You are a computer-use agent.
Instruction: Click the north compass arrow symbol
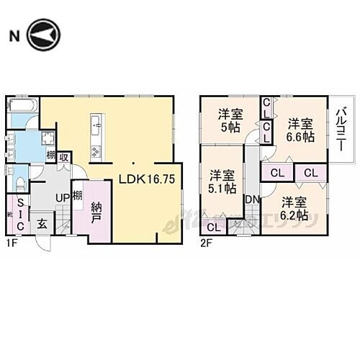(42, 35)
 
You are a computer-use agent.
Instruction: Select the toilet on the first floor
(20, 180)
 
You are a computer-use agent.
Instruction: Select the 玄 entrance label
(43, 224)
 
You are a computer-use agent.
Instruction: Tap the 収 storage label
(64, 158)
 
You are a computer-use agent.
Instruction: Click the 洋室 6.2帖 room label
(294, 207)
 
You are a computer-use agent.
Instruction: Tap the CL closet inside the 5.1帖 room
(213, 228)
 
